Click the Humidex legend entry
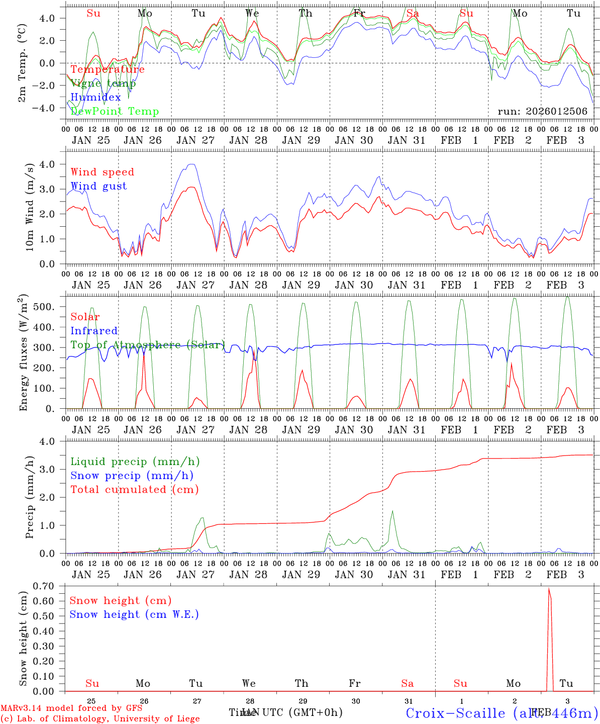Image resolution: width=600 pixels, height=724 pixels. point(95,98)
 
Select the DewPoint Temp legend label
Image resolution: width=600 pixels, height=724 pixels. point(115,112)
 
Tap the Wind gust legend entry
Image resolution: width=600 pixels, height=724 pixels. point(98,186)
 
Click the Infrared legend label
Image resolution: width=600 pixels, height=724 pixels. point(94,331)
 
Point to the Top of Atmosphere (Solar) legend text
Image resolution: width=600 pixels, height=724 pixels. point(148,345)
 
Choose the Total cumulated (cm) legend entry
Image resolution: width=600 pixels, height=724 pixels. point(134,489)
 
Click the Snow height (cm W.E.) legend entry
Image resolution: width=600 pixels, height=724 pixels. point(134,614)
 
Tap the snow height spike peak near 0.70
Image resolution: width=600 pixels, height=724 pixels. point(549,589)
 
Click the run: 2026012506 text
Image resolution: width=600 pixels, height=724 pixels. point(542,111)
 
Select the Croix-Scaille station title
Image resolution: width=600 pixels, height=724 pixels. point(502,713)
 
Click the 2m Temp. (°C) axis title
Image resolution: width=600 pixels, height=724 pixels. point(22,62)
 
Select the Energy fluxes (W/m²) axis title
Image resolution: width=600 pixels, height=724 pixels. point(23,353)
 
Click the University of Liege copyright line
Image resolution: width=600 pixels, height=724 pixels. point(100,718)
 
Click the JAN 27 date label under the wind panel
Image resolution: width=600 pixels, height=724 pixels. point(195,285)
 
